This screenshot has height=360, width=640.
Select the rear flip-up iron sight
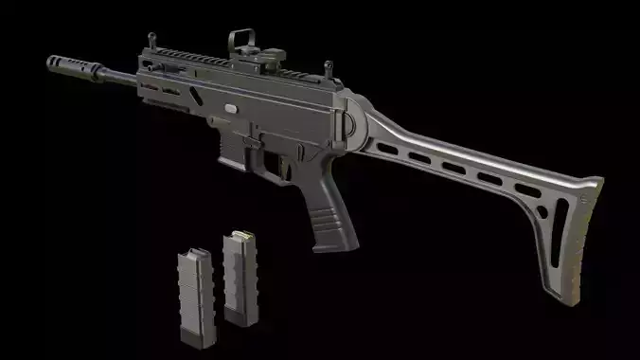[x=327, y=69]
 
